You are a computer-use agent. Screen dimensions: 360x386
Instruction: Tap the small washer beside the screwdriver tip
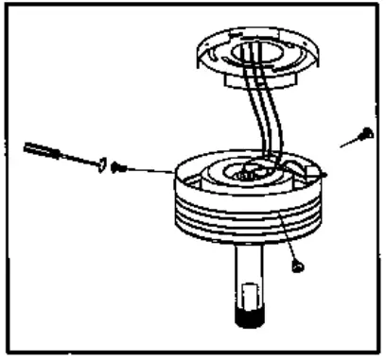[99, 164]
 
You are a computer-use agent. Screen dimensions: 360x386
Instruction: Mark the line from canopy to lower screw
[287, 241]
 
